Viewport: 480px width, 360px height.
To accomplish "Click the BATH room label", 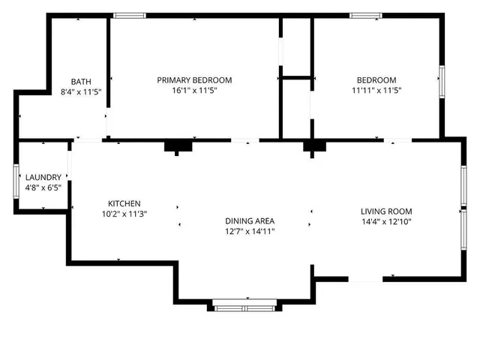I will [81, 81].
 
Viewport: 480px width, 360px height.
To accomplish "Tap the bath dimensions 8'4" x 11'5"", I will [81, 91].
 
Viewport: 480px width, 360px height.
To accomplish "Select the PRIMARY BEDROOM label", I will [194, 80].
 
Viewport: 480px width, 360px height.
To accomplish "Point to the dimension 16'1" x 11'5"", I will [194, 91].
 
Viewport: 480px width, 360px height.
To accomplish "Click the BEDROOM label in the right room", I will [376, 80].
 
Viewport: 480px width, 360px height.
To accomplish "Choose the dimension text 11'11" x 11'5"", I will [376, 91].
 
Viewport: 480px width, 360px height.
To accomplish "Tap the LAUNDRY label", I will [43, 178].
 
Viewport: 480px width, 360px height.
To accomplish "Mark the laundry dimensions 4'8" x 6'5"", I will [43, 188].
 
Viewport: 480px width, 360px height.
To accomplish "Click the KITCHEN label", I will [124, 204].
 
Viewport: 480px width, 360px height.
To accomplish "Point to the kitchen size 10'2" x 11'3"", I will [124, 214].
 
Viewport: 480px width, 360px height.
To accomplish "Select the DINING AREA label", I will [250, 221].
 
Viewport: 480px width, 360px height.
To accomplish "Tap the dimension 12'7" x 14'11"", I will [250, 232].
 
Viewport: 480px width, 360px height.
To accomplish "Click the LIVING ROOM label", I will [386, 211].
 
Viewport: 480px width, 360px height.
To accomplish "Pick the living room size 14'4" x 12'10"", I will [386, 222].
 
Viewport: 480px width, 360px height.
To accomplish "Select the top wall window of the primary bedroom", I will [130, 15].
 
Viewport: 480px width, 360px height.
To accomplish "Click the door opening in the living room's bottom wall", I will [366, 279].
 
